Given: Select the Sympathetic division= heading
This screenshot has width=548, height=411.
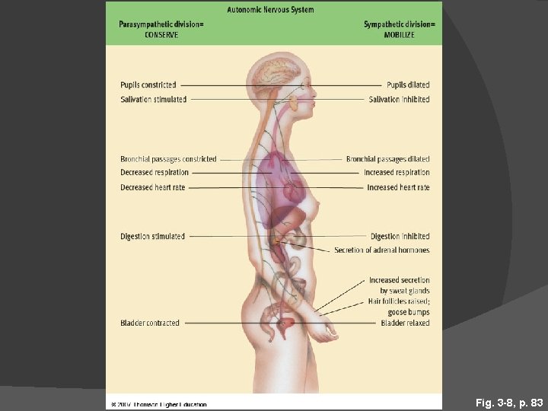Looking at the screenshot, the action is click(400, 24).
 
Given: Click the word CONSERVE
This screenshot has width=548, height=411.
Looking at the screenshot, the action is click(161, 35).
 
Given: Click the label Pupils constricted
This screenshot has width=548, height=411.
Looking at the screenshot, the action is click(148, 85).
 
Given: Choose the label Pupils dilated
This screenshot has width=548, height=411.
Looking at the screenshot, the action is click(408, 85).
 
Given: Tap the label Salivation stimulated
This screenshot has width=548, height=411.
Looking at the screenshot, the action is click(153, 100).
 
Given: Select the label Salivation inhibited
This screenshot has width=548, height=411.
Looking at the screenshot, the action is click(399, 100).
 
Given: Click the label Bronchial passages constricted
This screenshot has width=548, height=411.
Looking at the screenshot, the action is click(168, 159).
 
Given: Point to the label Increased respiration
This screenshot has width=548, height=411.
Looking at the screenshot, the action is click(397, 173).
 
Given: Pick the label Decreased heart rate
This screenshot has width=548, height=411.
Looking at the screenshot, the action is click(152, 187).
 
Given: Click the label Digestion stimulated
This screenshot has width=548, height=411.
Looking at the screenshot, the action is click(152, 237).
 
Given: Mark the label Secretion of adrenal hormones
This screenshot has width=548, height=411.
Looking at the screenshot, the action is click(381, 250).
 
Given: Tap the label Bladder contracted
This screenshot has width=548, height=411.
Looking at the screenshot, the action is click(150, 323).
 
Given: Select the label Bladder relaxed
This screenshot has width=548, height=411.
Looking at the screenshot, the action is click(405, 323).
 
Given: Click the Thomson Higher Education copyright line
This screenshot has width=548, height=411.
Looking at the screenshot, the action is click(158, 404).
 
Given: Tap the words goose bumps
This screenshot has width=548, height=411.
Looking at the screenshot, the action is click(409, 312).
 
